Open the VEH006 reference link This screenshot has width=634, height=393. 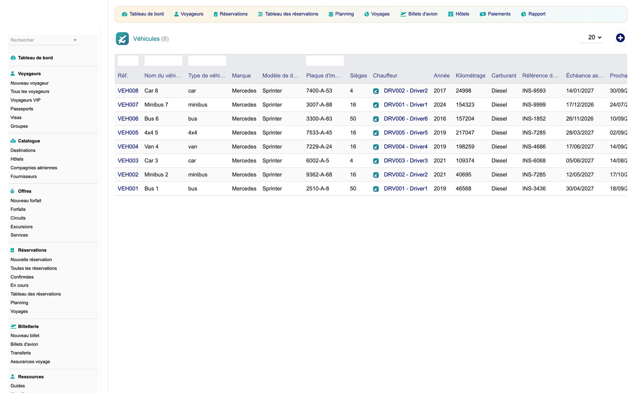click(x=128, y=119)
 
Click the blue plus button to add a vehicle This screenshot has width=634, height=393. click(x=620, y=38)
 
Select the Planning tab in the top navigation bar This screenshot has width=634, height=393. click(x=341, y=14)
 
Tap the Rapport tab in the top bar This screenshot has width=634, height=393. click(x=533, y=14)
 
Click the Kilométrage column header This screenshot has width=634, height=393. click(x=470, y=76)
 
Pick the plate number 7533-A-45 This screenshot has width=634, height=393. click(x=319, y=133)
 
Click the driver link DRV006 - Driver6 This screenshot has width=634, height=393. click(x=405, y=119)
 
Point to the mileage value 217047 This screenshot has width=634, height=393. click(x=465, y=133)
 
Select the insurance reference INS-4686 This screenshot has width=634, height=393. click(x=534, y=147)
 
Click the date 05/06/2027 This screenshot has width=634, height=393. click(x=580, y=161)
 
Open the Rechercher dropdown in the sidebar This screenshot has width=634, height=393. click(x=43, y=40)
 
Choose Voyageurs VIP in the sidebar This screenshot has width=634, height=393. click(x=25, y=100)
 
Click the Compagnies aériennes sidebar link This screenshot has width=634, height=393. click(x=34, y=168)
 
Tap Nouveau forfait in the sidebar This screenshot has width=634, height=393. click(x=26, y=201)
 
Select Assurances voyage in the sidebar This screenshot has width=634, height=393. click(x=30, y=361)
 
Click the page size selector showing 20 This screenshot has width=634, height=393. click(x=594, y=37)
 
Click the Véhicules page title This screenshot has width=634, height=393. click(x=147, y=39)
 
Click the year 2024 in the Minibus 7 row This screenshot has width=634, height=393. click(x=440, y=105)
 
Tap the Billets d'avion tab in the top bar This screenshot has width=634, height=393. click(x=419, y=14)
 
